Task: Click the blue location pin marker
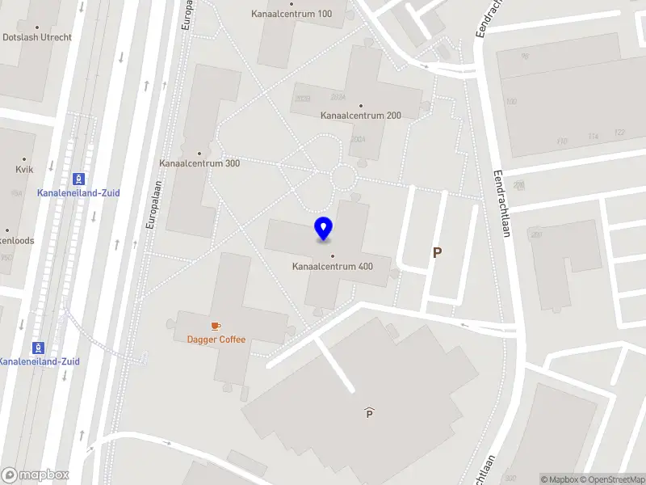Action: pyautogui.click(x=323, y=229)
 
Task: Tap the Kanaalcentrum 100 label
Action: pyautogui.click(x=292, y=14)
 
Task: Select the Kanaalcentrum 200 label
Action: pyautogui.click(x=360, y=116)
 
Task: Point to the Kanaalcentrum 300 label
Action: pyautogui.click(x=199, y=163)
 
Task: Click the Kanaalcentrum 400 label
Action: pyautogui.click(x=332, y=266)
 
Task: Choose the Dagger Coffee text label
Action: pyautogui.click(x=216, y=339)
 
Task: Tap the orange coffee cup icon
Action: pyautogui.click(x=216, y=326)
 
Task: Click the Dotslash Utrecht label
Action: pyautogui.click(x=37, y=37)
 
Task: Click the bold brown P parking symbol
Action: pyautogui.click(x=438, y=253)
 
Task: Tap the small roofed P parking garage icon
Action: pyautogui.click(x=369, y=413)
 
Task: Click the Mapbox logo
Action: pyautogui.click(x=35, y=475)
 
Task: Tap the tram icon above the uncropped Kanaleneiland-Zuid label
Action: pyautogui.click(x=78, y=179)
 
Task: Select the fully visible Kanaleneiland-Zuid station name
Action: pyautogui.click(x=78, y=193)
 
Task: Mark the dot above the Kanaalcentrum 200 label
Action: pyautogui.click(x=360, y=105)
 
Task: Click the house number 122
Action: pyautogui.click(x=619, y=133)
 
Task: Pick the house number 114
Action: pyautogui.click(x=594, y=136)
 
